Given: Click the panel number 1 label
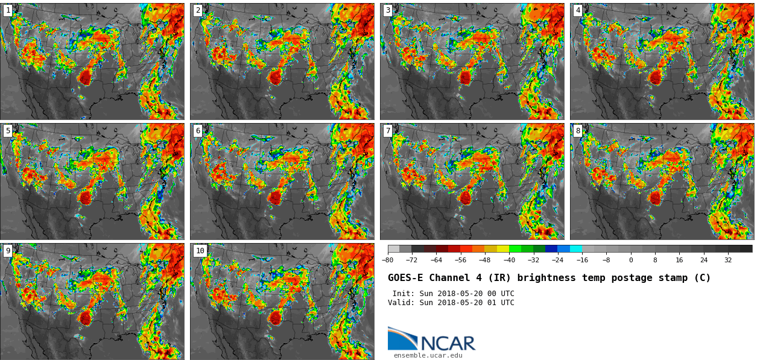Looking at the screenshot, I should (8, 10).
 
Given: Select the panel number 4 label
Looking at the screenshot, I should (578, 10).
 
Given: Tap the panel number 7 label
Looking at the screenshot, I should (388, 131).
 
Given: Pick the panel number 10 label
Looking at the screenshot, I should (200, 251).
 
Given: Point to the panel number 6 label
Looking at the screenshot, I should (198, 131).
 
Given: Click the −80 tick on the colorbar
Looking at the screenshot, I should (388, 260).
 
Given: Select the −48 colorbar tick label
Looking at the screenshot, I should (485, 260).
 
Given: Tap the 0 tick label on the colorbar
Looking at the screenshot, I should (631, 260).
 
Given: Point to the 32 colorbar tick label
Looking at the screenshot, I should (728, 260).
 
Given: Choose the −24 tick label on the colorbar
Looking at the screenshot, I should (558, 260).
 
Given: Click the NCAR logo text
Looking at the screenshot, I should (448, 344).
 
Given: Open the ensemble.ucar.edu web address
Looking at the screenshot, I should (428, 356).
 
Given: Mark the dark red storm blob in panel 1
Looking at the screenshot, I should (85, 77).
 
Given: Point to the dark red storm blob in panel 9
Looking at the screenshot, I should (85, 317).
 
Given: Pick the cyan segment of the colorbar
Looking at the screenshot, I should (576, 248).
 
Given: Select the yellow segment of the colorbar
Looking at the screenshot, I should (503, 248).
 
